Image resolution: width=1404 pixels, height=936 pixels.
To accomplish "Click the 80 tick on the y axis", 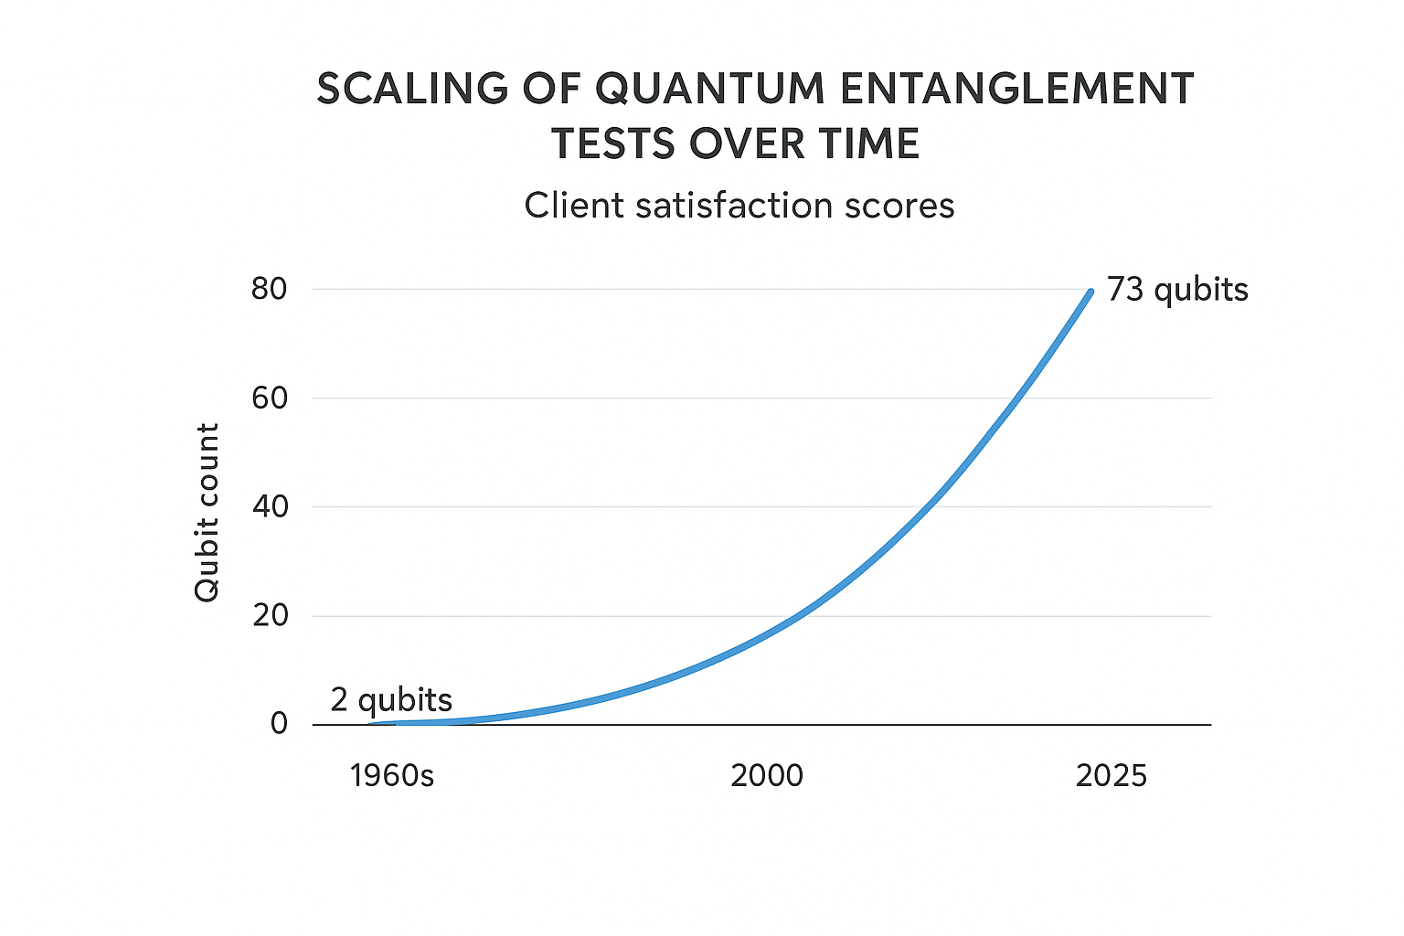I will (x=270, y=289).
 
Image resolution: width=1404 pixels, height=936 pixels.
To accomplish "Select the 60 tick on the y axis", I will (x=270, y=398).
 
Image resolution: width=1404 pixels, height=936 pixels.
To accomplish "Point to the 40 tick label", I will (x=270, y=506).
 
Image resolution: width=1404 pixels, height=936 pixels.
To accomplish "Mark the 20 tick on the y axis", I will (x=270, y=615).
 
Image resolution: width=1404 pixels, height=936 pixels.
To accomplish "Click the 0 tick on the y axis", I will (x=279, y=724).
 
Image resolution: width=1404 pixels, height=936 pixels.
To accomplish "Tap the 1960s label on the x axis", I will (x=391, y=776).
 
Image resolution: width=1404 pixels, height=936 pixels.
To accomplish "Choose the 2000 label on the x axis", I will (x=767, y=776).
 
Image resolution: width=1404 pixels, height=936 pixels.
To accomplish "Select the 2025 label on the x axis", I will (x=1111, y=776).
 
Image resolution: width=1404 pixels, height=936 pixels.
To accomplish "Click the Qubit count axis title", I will (x=207, y=512).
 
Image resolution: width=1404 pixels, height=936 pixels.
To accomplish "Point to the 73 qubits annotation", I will (x=1176, y=290).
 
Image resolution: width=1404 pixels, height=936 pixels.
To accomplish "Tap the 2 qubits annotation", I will (x=391, y=700).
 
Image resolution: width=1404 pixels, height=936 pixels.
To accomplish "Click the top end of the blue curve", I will (x=1090, y=292).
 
